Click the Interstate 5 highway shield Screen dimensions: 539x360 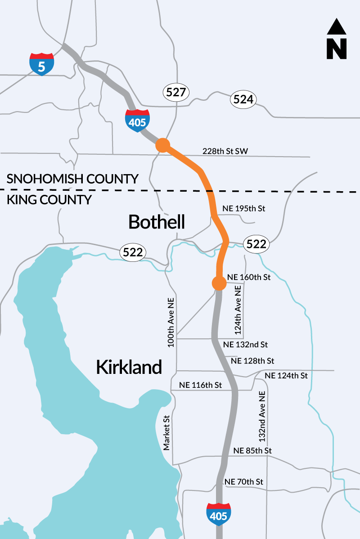coord(41,64)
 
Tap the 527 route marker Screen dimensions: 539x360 coord(175,93)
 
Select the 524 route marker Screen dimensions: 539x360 coord(243,100)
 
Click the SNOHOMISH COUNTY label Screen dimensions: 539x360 coord(72,179)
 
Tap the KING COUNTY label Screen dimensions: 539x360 coord(49,199)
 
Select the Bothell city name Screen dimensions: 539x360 coord(156,222)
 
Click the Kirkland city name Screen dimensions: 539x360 coord(129,367)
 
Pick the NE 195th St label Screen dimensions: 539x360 coord(244,209)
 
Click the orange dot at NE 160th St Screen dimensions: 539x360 coord(219,283)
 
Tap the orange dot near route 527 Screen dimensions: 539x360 coord(162,145)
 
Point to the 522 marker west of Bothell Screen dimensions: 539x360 coord(133,253)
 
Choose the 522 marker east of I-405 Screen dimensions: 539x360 coord(256,244)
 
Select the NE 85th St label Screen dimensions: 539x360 coord(252,450)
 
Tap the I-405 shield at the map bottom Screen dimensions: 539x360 coord(219,514)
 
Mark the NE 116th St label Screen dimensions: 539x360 coord(201,385)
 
